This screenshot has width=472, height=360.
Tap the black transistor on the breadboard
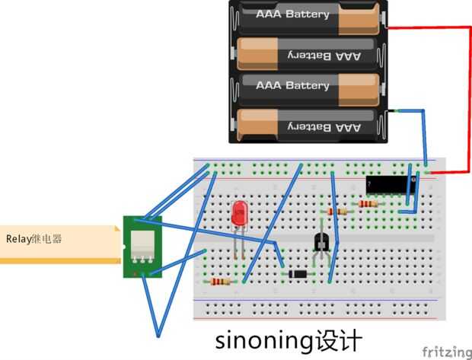[321, 242]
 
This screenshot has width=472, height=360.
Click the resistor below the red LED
[221, 281]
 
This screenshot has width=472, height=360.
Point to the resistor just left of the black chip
[368, 204]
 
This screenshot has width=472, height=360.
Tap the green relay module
[141, 246]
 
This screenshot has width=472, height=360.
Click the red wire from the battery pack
[465, 99]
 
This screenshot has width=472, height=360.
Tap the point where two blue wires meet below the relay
[158, 335]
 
